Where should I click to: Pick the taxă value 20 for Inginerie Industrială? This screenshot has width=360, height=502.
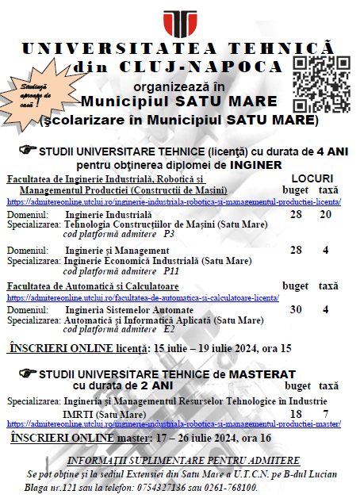(325, 215)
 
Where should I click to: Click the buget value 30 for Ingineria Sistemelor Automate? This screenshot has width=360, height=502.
(296, 310)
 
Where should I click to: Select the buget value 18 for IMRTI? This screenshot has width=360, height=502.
(296, 414)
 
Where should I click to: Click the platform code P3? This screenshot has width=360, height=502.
(169, 235)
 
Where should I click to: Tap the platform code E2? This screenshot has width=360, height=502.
(169, 328)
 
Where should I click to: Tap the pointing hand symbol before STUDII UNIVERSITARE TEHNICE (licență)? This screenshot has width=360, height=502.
(50, 149)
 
